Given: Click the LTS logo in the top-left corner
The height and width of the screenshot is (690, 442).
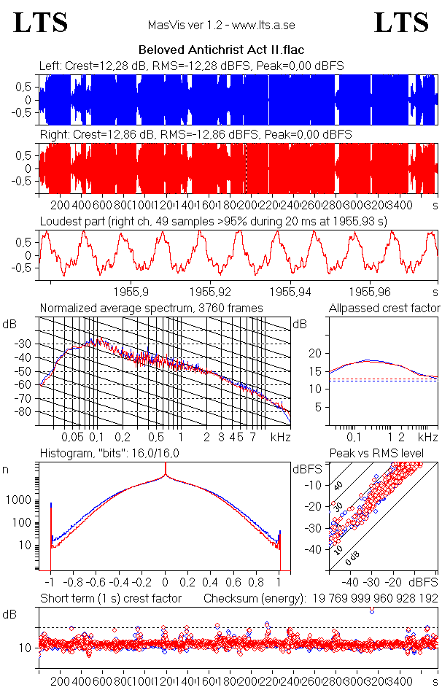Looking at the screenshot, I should [x=41, y=23].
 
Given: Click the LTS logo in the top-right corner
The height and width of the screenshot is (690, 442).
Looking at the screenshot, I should [x=401, y=23].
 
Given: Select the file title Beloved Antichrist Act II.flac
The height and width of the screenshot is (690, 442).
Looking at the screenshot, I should [x=221, y=50].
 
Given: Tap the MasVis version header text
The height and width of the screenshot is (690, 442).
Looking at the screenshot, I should [x=221, y=26].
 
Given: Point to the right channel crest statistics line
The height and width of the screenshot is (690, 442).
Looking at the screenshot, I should [x=195, y=135].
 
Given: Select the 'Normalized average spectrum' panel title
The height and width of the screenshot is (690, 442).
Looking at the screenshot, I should [x=151, y=309].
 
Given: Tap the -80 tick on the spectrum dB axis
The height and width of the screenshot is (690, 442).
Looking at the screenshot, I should [x=26, y=411].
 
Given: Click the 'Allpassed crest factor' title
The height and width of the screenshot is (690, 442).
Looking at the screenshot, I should [x=384, y=309].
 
